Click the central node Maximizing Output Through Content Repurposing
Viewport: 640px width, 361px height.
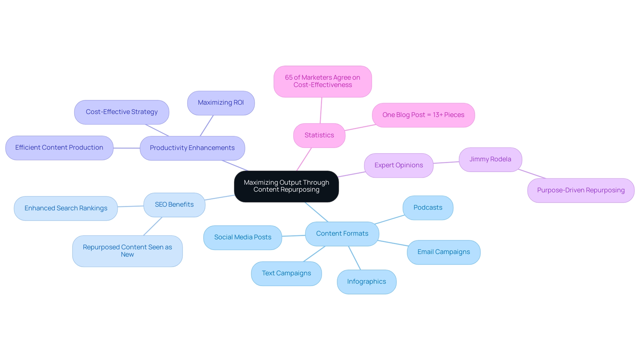tap(286, 186)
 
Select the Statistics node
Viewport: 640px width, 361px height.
tap(319, 135)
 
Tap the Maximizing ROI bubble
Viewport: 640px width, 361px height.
tap(221, 103)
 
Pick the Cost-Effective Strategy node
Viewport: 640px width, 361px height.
tap(122, 112)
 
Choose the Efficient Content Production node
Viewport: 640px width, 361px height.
tap(59, 148)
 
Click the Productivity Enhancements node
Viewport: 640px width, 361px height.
tap(192, 148)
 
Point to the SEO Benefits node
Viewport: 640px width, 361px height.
tap(174, 205)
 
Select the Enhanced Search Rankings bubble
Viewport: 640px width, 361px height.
tap(66, 208)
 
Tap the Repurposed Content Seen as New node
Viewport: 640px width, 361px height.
tap(127, 251)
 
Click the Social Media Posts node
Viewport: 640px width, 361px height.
tap(243, 237)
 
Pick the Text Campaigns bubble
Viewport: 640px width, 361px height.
tap(286, 273)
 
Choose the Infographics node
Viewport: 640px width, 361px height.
tap(367, 282)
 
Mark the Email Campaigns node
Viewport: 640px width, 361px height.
tap(444, 252)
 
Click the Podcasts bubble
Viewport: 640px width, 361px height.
tap(428, 208)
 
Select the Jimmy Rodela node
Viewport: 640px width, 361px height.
tap(490, 159)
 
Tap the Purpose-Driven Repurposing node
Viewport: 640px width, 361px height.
tap(581, 190)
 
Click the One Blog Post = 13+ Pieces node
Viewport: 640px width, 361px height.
tap(423, 115)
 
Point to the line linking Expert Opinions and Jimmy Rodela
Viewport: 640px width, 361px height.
tap(446, 163)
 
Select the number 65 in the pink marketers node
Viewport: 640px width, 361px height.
tap(289, 78)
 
